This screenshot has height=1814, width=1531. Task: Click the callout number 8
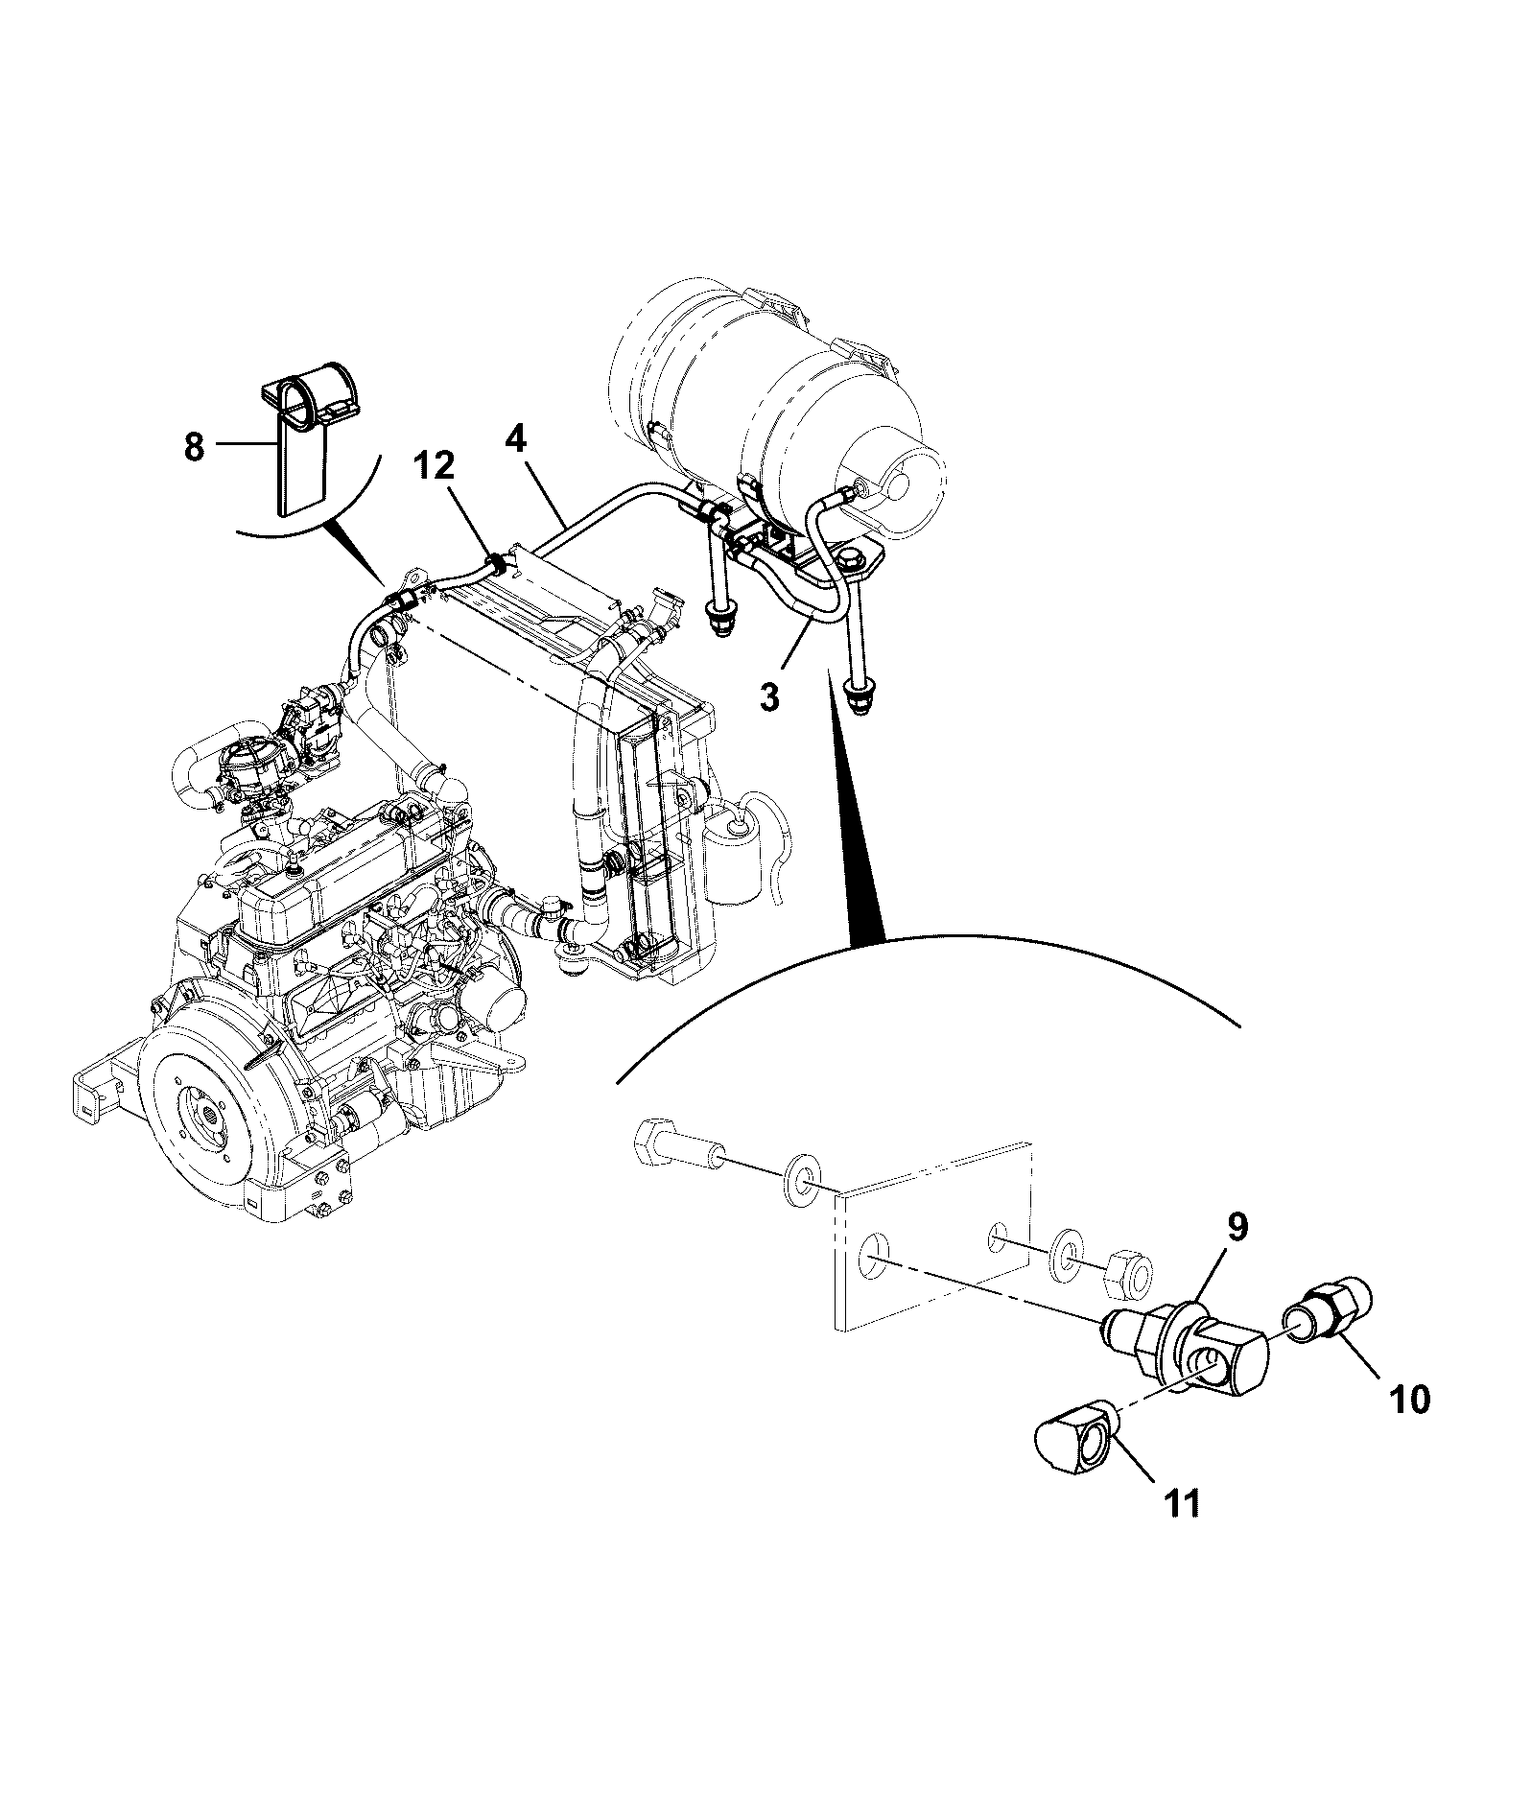194,448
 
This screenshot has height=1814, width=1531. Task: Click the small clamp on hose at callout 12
496,564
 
